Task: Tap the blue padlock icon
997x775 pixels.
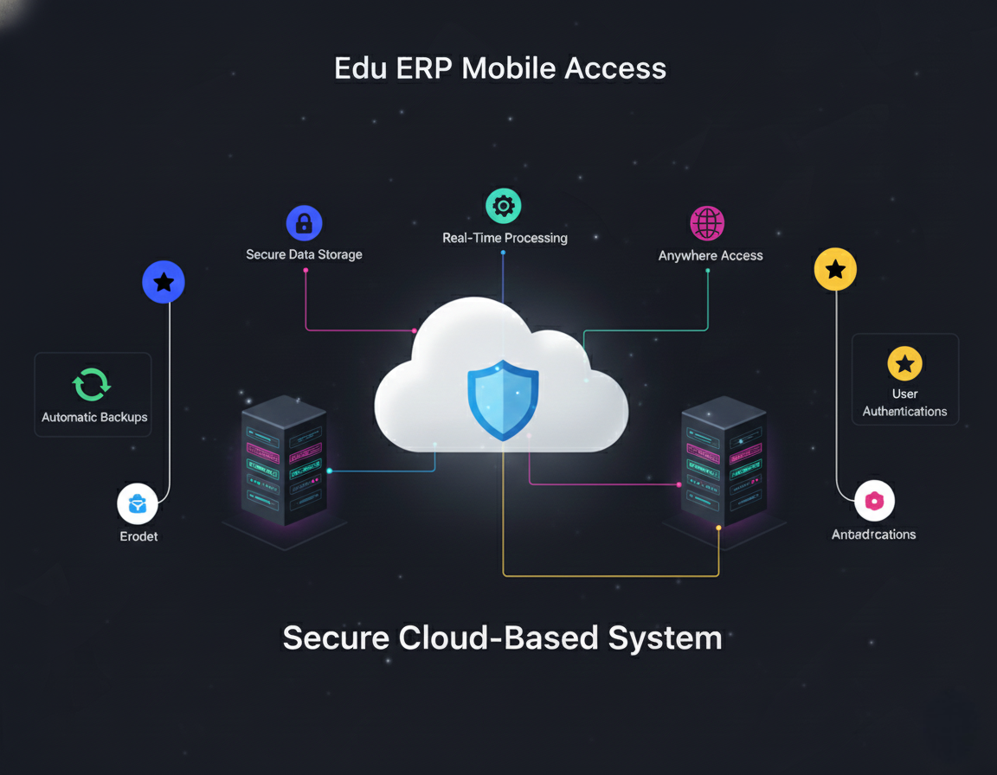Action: [x=304, y=223]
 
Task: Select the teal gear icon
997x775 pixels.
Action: [x=504, y=206]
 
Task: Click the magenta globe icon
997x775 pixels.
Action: [x=707, y=223]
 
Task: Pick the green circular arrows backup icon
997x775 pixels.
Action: [x=92, y=385]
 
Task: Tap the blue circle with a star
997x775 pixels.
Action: [x=164, y=282]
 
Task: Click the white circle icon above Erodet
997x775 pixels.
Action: [x=138, y=504]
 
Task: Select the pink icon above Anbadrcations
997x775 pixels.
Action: [x=874, y=501]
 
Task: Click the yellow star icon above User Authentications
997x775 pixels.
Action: [x=904, y=364]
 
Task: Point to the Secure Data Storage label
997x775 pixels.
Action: [x=304, y=254]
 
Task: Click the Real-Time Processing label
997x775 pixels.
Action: [x=505, y=238]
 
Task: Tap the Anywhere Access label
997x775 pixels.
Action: [x=711, y=255]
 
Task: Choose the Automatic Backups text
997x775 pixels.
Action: [x=94, y=417]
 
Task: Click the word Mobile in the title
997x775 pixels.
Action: [x=509, y=68]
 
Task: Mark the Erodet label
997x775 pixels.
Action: [x=138, y=536]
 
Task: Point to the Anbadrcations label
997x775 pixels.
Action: [x=873, y=535]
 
